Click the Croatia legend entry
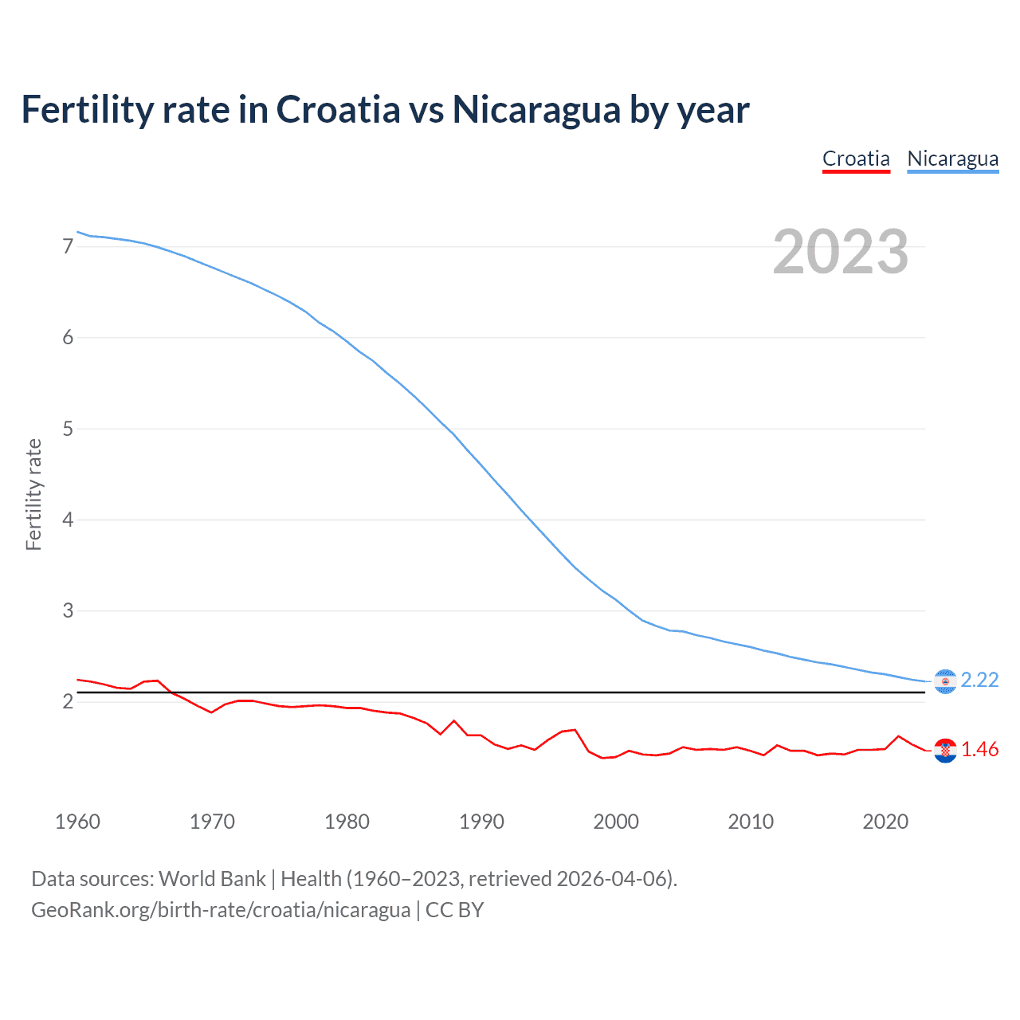coord(856,159)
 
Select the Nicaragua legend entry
coord(952,159)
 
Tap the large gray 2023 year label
coord(841,252)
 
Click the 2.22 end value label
coord(979,680)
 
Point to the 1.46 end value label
coord(979,750)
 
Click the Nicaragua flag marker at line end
coord(945,681)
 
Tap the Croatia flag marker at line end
coord(945,751)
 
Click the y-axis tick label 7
coord(68,247)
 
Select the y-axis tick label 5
coord(68,430)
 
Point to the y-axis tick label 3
coord(68,611)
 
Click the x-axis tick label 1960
coord(77,822)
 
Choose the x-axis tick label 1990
coord(481,822)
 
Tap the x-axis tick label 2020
coord(885,822)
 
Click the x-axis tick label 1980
coord(347,822)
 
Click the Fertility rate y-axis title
coord(33,494)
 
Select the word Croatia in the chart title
coord(338,110)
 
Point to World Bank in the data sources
coord(212,879)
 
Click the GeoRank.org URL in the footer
coord(221,910)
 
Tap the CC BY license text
coord(454,910)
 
